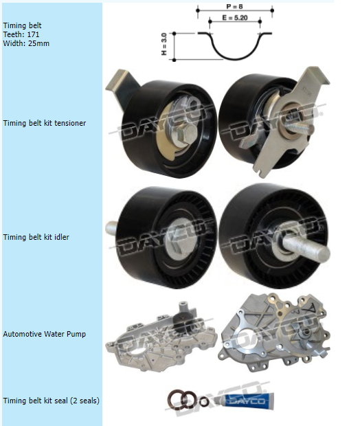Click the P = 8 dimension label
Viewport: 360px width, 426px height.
click(234, 6)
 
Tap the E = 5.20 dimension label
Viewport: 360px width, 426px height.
click(235, 18)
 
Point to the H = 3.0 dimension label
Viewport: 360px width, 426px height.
click(164, 44)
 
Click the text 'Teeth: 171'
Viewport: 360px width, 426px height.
click(21, 34)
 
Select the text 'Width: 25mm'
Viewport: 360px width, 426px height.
click(26, 43)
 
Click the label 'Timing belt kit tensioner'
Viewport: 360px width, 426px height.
click(44, 124)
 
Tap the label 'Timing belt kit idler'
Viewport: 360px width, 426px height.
click(36, 237)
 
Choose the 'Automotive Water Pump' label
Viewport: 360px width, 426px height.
click(44, 334)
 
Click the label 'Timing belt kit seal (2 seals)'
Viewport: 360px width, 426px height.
click(51, 401)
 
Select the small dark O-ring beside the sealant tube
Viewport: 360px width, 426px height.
click(204, 401)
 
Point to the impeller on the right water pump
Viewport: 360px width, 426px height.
click(305, 333)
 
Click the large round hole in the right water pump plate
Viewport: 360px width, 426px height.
click(246, 340)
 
